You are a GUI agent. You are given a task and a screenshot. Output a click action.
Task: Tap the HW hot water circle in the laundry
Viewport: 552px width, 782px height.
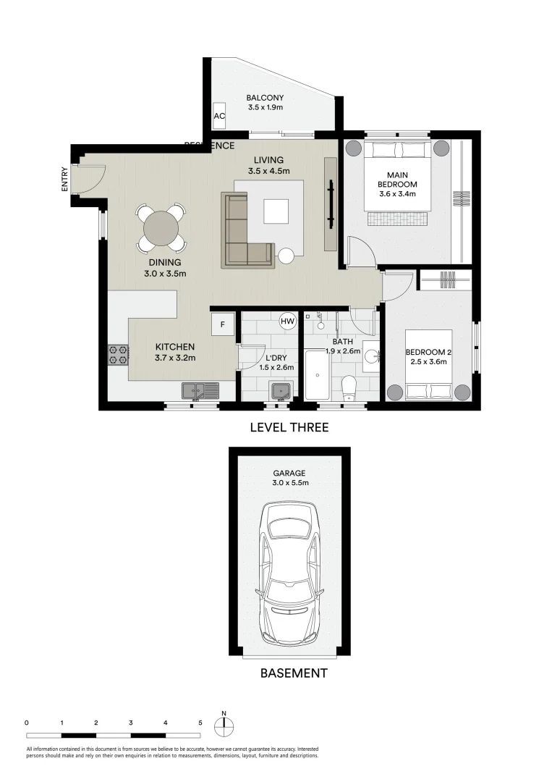tap(288, 321)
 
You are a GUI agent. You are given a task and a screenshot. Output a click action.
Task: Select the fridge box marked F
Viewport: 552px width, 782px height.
tap(222, 325)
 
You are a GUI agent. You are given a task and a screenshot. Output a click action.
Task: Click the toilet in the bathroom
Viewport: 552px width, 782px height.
tap(349, 386)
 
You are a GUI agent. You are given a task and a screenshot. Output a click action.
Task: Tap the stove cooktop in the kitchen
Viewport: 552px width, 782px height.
tap(118, 355)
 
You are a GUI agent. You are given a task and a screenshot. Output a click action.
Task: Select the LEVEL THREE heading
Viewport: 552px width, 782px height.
tap(289, 428)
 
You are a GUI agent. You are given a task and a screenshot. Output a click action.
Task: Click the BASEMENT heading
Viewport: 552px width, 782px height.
tap(293, 673)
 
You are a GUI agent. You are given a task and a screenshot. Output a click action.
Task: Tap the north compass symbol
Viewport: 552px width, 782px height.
tap(224, 723)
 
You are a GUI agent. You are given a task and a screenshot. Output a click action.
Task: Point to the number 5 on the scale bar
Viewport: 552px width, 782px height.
tap(200, 723)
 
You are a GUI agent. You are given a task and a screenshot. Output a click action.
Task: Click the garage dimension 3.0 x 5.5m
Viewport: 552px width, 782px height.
tap(289, 483)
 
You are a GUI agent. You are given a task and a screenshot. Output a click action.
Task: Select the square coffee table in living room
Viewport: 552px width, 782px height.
tap(276, 211)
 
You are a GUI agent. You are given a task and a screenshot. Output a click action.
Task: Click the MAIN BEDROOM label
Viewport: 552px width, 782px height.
tap(397, 180)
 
